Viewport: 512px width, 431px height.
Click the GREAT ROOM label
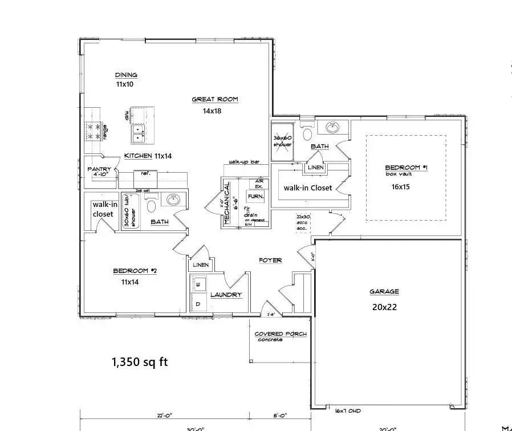[x=214, y=99]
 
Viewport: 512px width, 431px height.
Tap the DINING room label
[x=126, y=75]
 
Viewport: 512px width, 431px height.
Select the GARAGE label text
[x=384, y=291]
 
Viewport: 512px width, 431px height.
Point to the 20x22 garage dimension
[x=384, y=306]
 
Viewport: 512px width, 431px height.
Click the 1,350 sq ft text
[x=139, y=361]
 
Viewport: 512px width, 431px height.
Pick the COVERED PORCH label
[x=280, y=334]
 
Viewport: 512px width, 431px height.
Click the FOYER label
[x=270, y=260]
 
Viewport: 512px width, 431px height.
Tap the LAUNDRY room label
[x=226, y=295]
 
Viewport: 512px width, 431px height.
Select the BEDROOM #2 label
[x=131, y=271]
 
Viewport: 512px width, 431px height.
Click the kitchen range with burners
[x=93, y=131]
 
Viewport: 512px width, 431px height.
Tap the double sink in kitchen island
[x=139, y=133]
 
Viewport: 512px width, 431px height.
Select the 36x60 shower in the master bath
[x=282, y=141]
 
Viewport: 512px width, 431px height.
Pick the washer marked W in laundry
[x=198, y=283]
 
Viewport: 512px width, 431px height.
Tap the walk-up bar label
[x=244, y=162]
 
